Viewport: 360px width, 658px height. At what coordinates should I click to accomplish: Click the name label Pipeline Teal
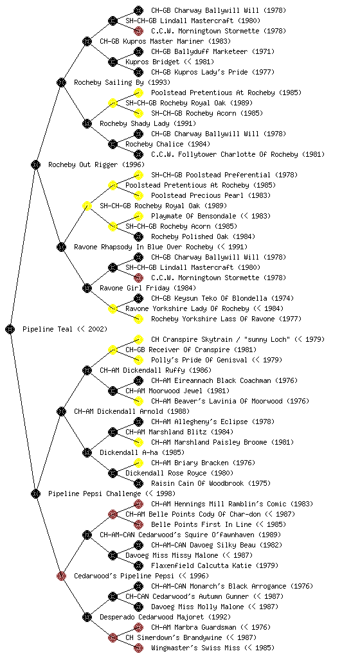pos(48,330)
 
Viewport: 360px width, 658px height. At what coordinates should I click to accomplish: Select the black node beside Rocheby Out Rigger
pos(35,164)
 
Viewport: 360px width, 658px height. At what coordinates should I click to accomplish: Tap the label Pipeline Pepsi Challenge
pos(94,494)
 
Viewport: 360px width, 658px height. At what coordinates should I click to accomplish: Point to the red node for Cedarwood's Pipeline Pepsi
pos(61,576)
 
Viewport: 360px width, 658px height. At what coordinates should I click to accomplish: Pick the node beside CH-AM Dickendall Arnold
pos(61,411)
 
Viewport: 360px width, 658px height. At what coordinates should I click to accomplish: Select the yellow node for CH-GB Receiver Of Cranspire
pos(113,350)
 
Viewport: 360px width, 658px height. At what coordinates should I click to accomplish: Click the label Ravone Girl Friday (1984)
pos(148,289)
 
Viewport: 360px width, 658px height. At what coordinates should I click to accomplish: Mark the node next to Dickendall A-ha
pos(87,452)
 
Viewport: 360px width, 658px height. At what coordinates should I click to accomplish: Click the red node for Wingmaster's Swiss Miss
pos(138,648)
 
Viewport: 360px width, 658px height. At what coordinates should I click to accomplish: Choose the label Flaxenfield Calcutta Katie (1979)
pos(215,565)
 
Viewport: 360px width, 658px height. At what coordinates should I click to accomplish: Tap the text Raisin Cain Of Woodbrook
pos(197,483)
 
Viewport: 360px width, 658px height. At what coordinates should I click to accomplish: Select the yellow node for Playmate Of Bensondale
pos(138,216)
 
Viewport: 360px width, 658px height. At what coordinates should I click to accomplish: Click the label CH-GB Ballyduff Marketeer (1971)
pos(213,51)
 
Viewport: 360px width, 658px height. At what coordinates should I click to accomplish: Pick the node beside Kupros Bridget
pos(113,62)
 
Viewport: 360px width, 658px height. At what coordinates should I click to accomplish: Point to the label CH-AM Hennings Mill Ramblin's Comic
pos(219,504)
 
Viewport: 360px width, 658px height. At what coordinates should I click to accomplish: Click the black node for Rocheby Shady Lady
pos(87,123)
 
